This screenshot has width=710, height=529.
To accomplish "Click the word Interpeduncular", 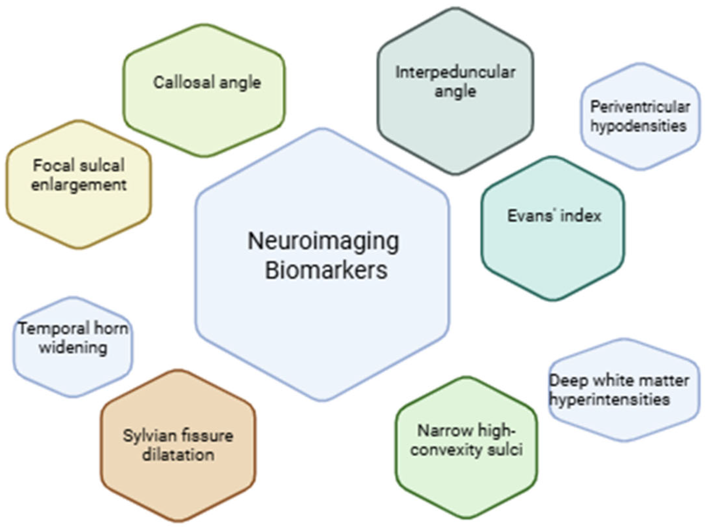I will [455, 72].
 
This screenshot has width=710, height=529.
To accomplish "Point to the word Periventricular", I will [640, 107].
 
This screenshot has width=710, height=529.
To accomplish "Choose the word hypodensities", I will [638, 126].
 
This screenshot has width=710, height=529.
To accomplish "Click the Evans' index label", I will [554, 216].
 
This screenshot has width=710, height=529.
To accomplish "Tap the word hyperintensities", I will [610, 399].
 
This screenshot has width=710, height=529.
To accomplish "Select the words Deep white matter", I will [619, 381].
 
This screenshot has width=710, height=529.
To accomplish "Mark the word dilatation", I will [178, 455].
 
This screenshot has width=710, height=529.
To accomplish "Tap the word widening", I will [73, 347].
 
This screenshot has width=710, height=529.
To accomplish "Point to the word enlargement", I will [79, 185].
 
